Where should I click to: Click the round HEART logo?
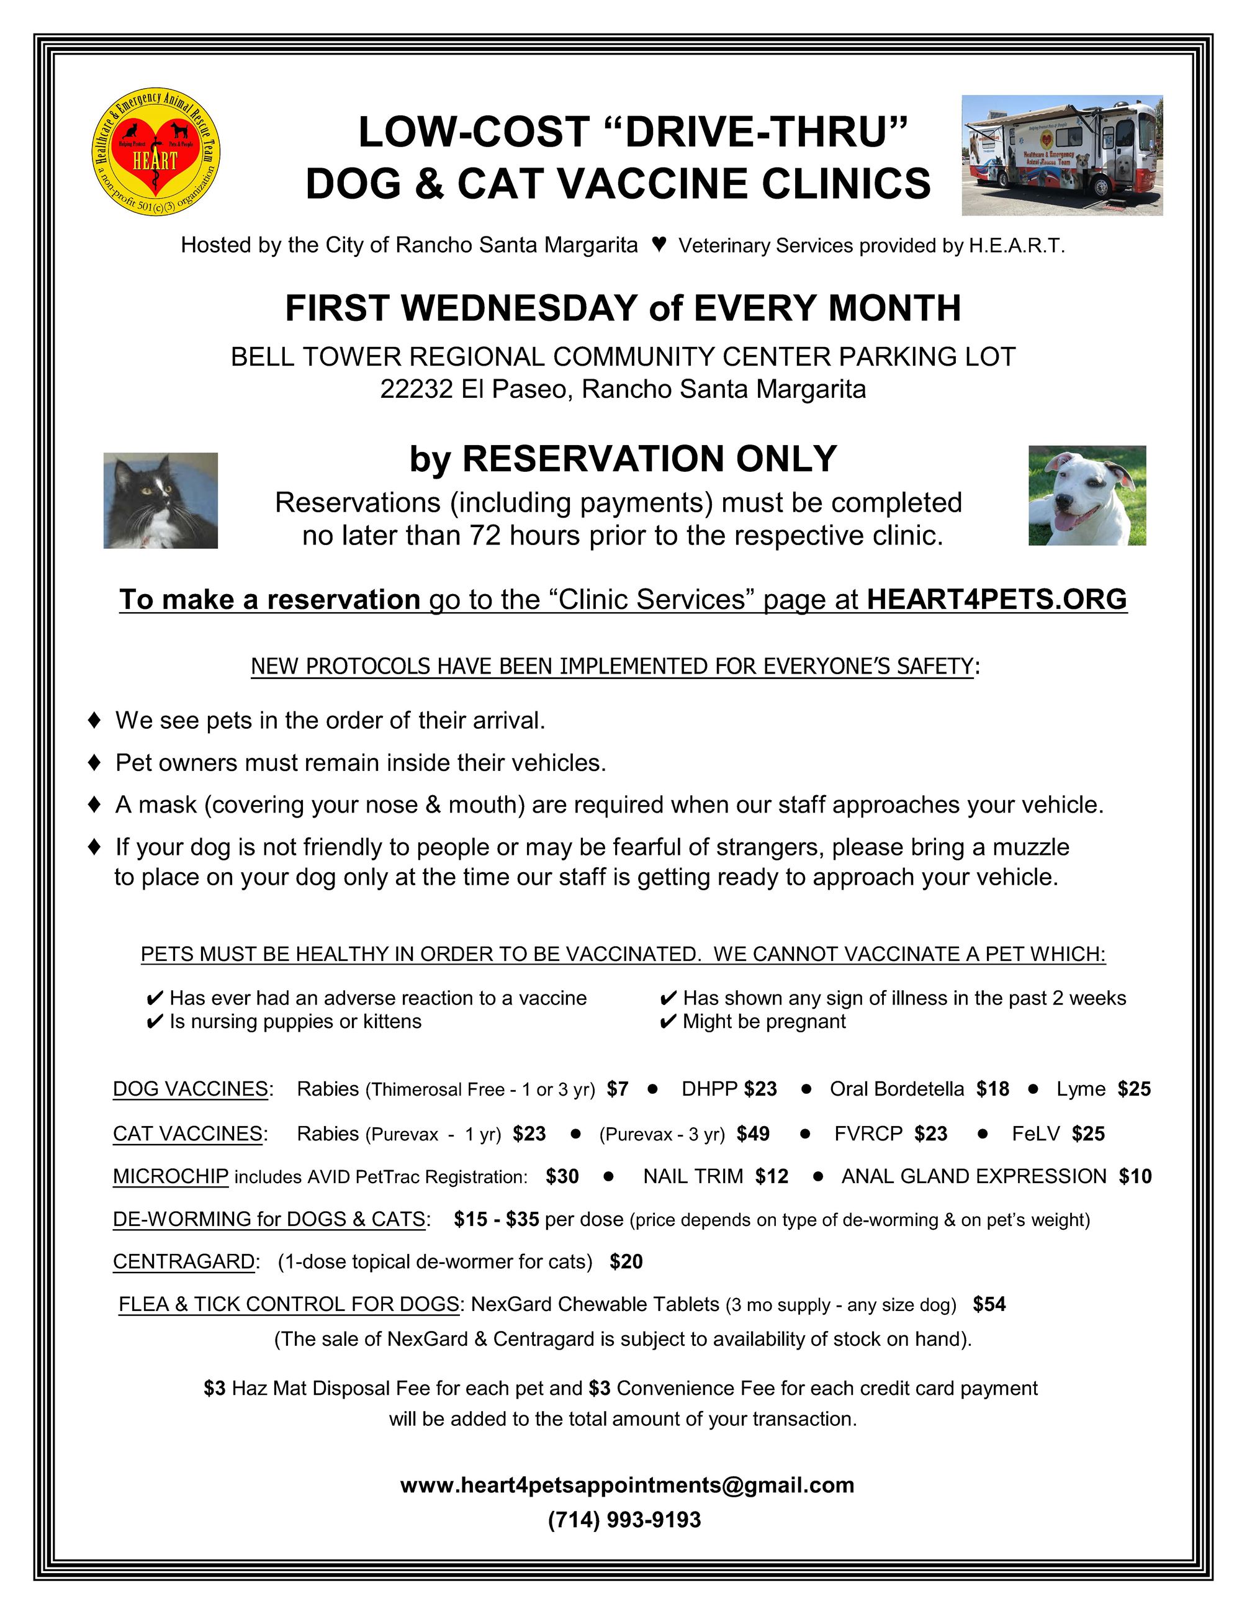[x=156, y=153]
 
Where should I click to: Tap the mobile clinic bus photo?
[x=1061, y=155]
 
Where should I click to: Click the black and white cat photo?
[x=160, y=500]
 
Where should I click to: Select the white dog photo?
[x=1087, y=495]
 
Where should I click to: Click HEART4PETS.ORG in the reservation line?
[x=997, y=599]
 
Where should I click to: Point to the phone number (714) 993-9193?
[x=624, y=1520]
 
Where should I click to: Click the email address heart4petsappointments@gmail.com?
[x=627, y=1485]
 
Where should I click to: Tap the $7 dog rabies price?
[x=618, y=1089]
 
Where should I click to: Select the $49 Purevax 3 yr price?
[x=753, y=1134]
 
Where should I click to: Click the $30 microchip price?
[x=562, y=1176]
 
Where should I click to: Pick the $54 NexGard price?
[x=989, y=1304]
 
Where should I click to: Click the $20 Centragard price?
[x=626, y=1261]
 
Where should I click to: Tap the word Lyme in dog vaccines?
[x=1081, y=1089]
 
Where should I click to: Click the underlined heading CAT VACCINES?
[x=187, y=1134]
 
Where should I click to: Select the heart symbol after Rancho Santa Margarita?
[x=659, y=244]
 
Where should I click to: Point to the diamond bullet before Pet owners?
[x=94, y=762]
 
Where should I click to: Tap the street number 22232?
[x=416, y=389]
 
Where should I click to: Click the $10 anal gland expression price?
[x=1135, y=1176]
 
